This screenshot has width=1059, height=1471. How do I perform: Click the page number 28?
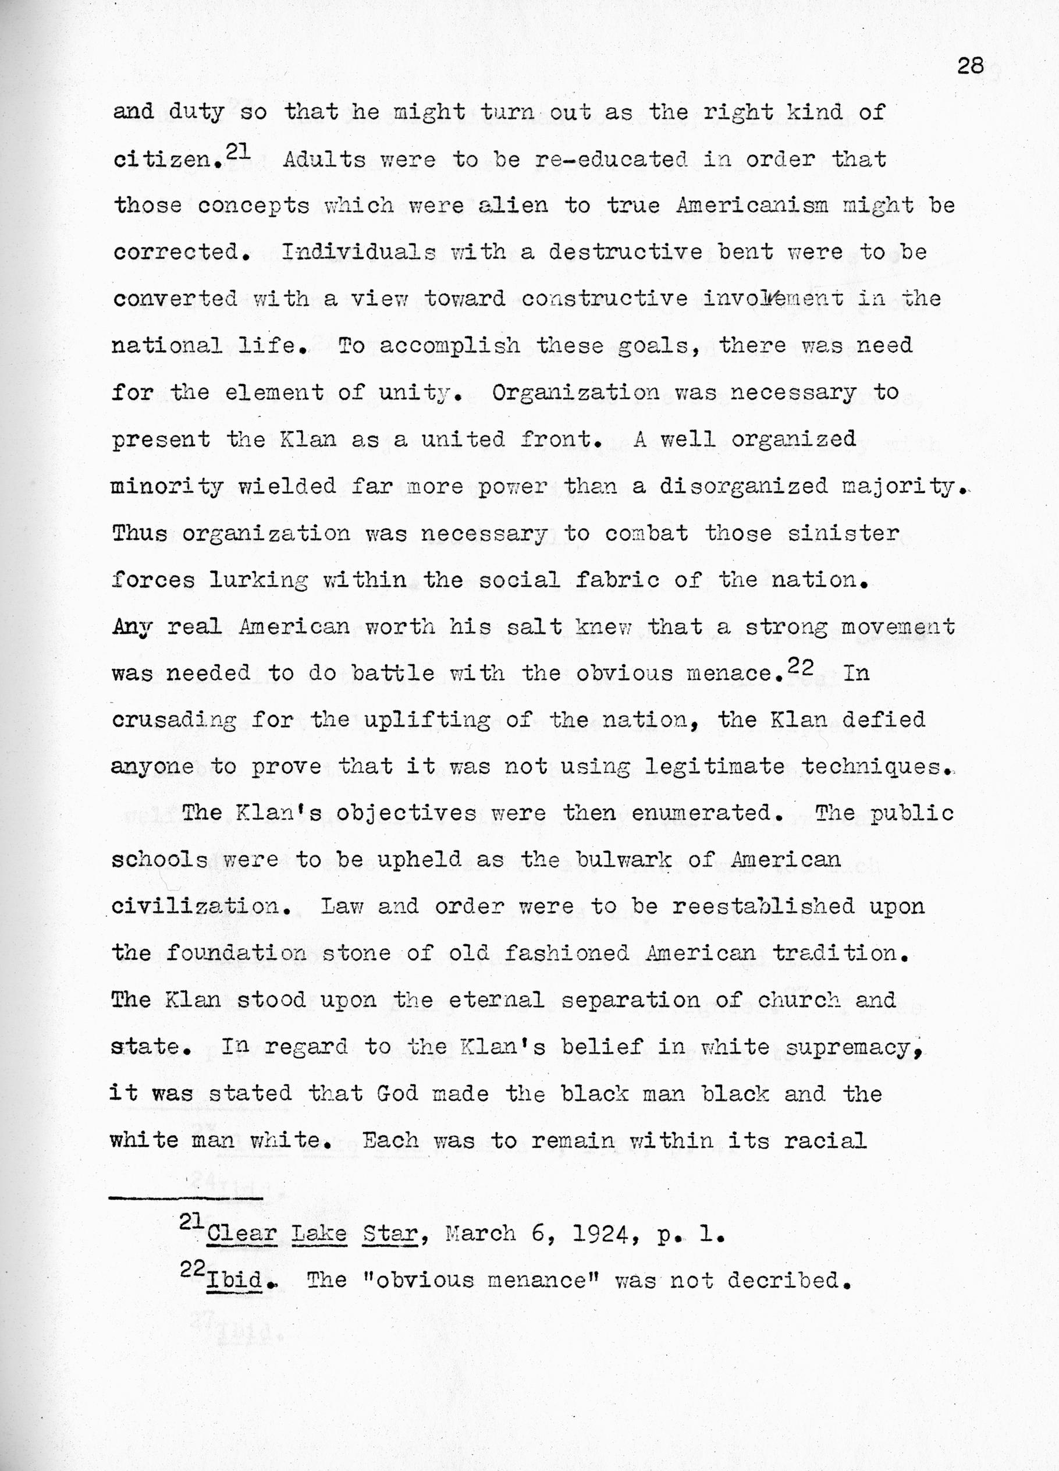(970, 67)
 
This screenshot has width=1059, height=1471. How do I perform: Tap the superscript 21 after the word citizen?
(238, 150)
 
